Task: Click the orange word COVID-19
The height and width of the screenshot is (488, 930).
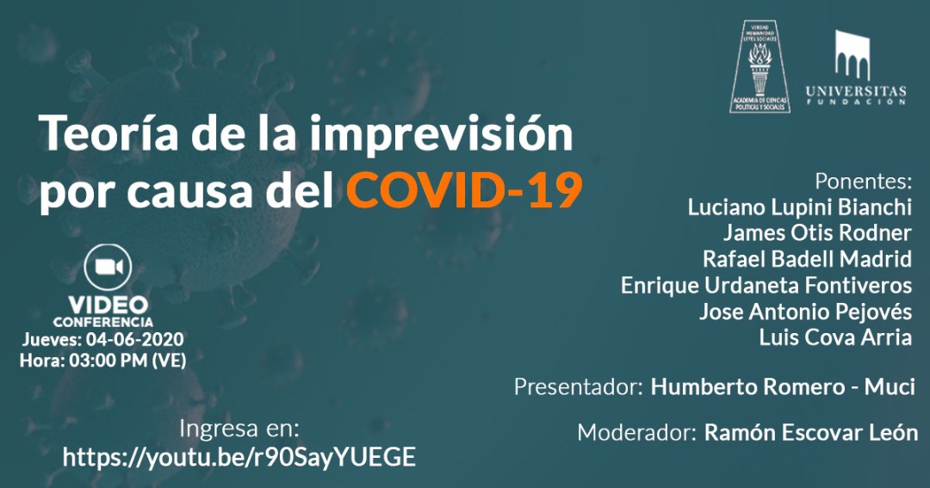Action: [463, 191]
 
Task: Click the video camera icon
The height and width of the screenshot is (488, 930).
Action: [108, 267]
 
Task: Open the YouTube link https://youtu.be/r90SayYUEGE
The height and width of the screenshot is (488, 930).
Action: [239, 457]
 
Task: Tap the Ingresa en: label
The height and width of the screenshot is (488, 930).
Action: [239, 429]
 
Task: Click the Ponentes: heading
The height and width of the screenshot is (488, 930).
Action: [863, 182]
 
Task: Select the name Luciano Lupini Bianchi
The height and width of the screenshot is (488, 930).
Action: [799, 207]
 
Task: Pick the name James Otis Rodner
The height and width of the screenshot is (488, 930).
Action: [816, 233]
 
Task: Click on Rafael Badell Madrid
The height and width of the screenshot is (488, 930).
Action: [806, 259]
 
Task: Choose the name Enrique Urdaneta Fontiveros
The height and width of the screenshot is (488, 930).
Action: [766, 285]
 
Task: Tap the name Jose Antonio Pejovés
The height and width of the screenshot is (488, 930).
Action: [804, 311]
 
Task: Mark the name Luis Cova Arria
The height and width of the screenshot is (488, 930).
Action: [834, 337]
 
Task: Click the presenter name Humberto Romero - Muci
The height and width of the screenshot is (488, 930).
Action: [782, 386]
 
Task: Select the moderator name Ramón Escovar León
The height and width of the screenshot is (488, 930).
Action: [810, 432]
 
